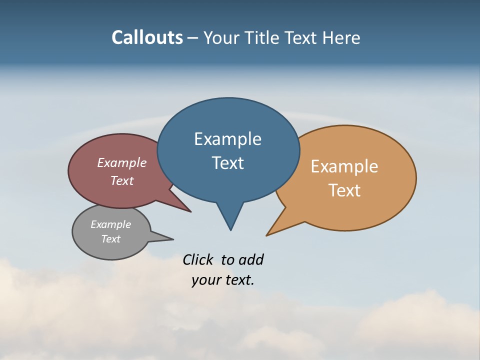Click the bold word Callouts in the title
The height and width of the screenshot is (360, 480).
(x=147, y=37)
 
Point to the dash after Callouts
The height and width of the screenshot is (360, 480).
(x=193, y=38)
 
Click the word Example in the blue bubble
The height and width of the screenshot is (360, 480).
(x=227, y=139)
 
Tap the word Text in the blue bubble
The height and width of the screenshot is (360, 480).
(x=227, y=163)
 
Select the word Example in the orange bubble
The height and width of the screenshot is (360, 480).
(x=344, y=166)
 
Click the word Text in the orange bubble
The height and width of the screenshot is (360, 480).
(x=344, y=190)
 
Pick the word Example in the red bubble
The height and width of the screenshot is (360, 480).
(x=122, y=163)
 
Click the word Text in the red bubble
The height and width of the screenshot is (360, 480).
(x=122, y=180)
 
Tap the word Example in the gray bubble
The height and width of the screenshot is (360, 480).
(x=110, y=224)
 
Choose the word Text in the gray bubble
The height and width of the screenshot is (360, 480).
(x=110, y=239)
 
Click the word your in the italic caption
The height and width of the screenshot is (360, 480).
(x=205, y=280)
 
